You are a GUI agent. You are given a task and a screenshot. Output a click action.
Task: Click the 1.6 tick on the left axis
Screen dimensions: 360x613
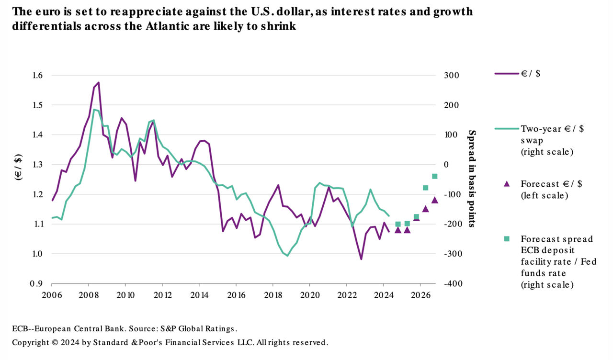click(37, 75)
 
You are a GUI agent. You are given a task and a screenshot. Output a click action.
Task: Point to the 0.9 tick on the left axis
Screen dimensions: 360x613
click(37, 283)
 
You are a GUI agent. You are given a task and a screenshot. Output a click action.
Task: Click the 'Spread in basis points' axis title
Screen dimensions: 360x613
click(472, 179)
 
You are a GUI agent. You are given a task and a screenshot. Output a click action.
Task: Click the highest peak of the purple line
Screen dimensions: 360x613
click(98, 82)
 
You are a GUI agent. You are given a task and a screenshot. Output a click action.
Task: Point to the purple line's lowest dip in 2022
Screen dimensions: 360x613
click(361, 259)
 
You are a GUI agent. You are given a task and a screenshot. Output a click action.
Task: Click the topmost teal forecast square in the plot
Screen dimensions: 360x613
click(435, 176)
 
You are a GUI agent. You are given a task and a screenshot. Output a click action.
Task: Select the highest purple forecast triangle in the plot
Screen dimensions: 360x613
click(435, 200)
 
